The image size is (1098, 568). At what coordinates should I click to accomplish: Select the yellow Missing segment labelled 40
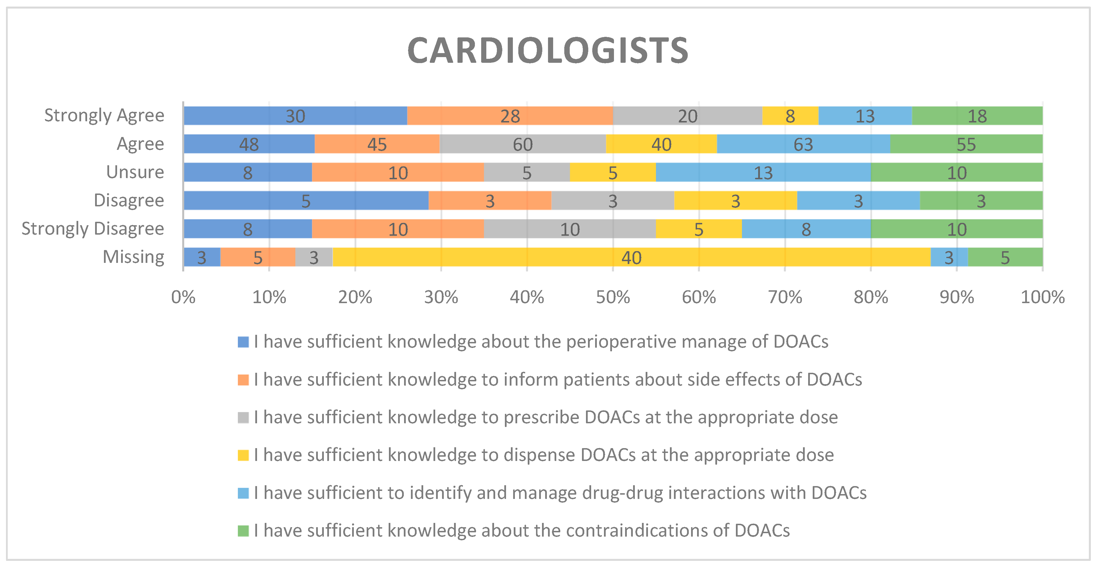coord(631,257)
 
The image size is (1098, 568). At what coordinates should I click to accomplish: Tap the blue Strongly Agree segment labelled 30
coord(295,116)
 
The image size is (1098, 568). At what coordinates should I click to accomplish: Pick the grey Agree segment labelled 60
coord(523,144)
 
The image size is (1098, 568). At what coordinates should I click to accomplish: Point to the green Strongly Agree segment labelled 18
coord(977,116)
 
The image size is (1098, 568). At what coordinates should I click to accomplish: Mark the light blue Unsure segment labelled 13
coord(763,173)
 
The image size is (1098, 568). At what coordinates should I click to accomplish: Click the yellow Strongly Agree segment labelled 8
coord(790,116)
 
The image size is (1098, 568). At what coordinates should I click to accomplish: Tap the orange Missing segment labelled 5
coord(258,257)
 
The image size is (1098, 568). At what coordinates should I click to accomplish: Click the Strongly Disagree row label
coord(93,229)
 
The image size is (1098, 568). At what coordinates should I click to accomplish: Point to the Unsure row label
coord(135,172)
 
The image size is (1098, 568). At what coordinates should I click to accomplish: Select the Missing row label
coord(133,257)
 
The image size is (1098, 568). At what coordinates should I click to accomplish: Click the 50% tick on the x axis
coord(613,297)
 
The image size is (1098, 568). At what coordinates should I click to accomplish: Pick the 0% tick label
coord(183,297)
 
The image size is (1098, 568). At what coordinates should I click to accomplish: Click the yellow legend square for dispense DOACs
coord(243,455)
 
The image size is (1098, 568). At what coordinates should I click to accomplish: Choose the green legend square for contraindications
coord(243,531)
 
